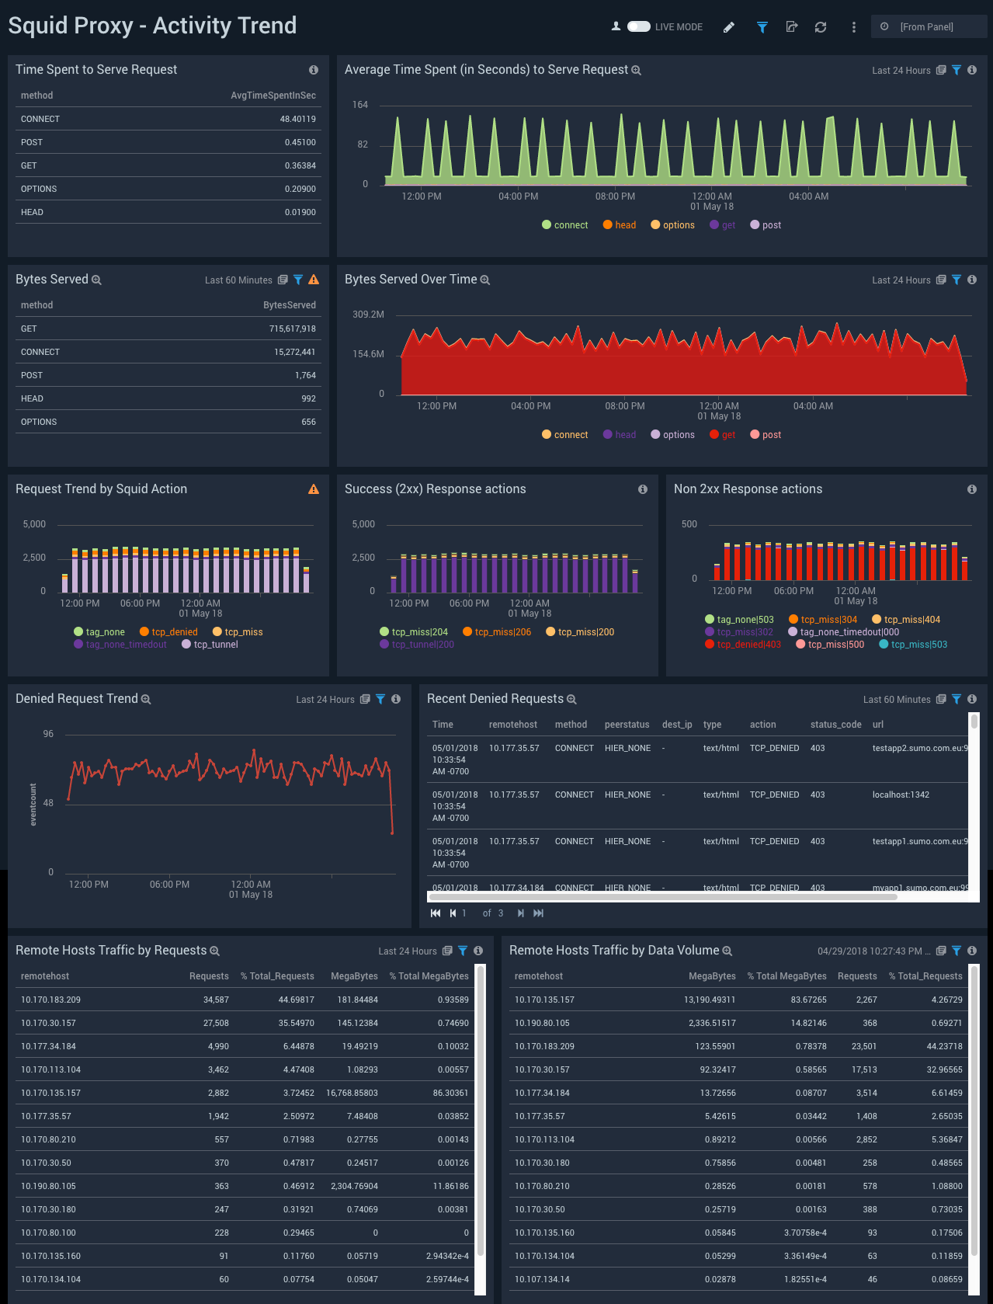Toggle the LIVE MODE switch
638,26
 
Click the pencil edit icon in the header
728,27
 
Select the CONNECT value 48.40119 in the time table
297,119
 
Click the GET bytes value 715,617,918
292,329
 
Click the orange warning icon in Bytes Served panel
314,280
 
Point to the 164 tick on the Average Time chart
360,105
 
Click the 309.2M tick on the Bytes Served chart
368,315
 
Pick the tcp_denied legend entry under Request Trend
174,632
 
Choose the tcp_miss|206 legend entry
502,632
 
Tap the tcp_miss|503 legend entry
918,645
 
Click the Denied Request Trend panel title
76,699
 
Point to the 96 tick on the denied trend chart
48,734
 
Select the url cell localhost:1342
901,795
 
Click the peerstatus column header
627,725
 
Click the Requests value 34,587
216,1000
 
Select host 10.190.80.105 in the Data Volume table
542,1023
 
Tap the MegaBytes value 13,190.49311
710,1000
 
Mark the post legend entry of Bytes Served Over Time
771,435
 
